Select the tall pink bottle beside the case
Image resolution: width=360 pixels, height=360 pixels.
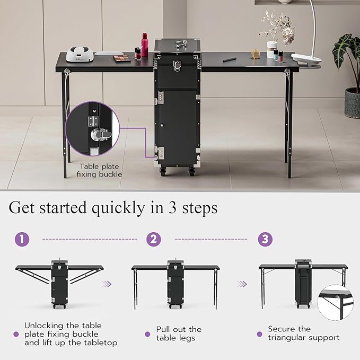tap(144, 46)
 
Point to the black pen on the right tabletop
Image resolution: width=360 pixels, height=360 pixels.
tap(230, 60)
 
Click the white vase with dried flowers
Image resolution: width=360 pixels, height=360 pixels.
tap(272, 49)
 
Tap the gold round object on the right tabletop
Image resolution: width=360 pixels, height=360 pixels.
tap(256, 54)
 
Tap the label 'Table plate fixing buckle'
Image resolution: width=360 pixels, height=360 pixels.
tap(99, 170)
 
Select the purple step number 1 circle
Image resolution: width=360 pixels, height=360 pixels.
tap(22, 239)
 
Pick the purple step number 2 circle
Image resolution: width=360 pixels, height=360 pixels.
tap(154, 239)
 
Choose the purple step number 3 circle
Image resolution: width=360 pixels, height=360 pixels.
tap(265, 239)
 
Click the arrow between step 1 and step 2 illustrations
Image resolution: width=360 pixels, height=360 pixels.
tap(107, 284)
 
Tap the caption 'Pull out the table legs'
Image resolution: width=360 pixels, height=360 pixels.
tap(179, 333)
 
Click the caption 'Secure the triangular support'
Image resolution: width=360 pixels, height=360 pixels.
tap(303, 333)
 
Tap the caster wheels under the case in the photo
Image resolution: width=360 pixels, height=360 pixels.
tap(177, 171)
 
